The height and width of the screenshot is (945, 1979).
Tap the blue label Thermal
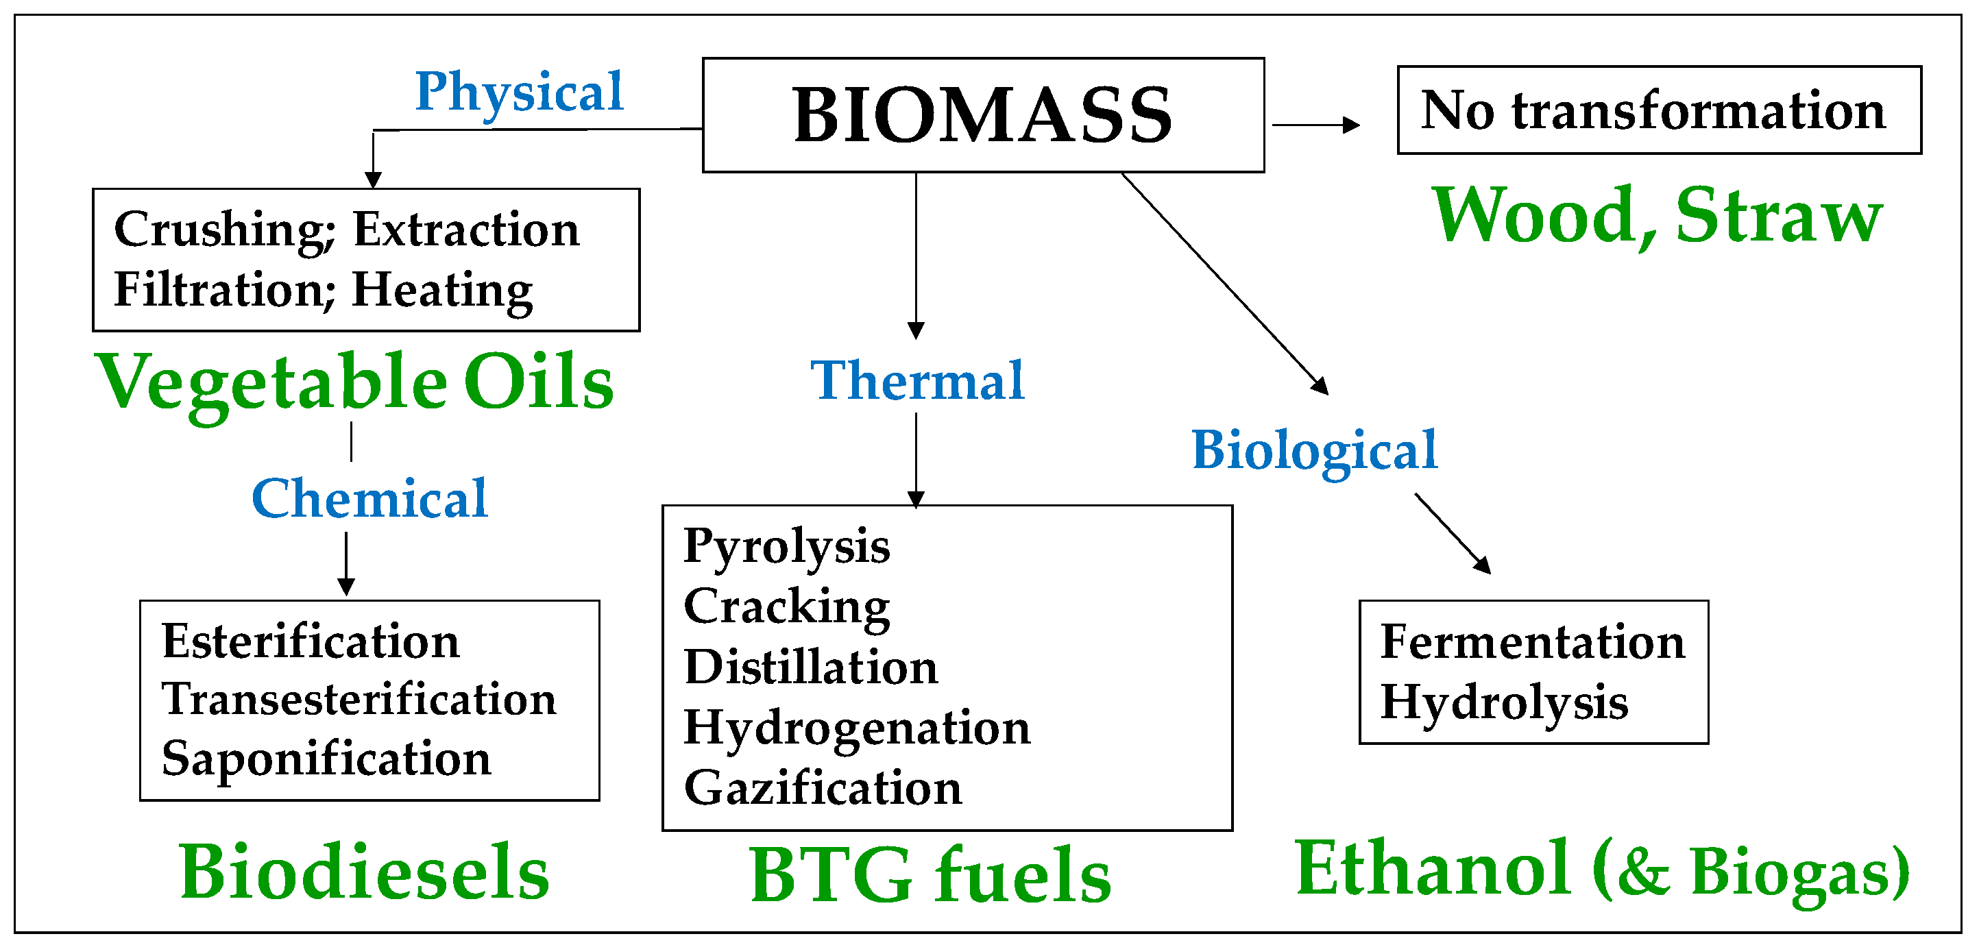click(x=917, y=380)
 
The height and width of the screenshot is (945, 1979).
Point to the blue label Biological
click(x=1313, y=450)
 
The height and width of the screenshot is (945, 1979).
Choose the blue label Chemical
click(x=369, y=499)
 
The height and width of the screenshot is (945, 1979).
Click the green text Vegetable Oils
click(x=354, y=382)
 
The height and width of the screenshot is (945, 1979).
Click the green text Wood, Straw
click(x=1657, y=216)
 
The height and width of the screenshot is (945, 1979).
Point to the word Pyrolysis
click(x=787, y=547)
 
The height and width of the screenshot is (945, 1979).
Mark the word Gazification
click(x=823, y=788)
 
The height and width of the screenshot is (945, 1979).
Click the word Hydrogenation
click(x=857, y=728)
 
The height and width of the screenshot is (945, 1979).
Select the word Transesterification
click(x=359, y=700)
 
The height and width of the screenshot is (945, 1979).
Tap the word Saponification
click(x=326, y=759)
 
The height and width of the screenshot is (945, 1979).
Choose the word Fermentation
click(x=1533, y=641)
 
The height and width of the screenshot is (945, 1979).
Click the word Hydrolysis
click(x=1504, y=702)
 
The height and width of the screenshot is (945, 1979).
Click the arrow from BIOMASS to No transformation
click(x=1315, y=125)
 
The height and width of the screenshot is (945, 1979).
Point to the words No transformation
click(x=1653, y=110)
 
